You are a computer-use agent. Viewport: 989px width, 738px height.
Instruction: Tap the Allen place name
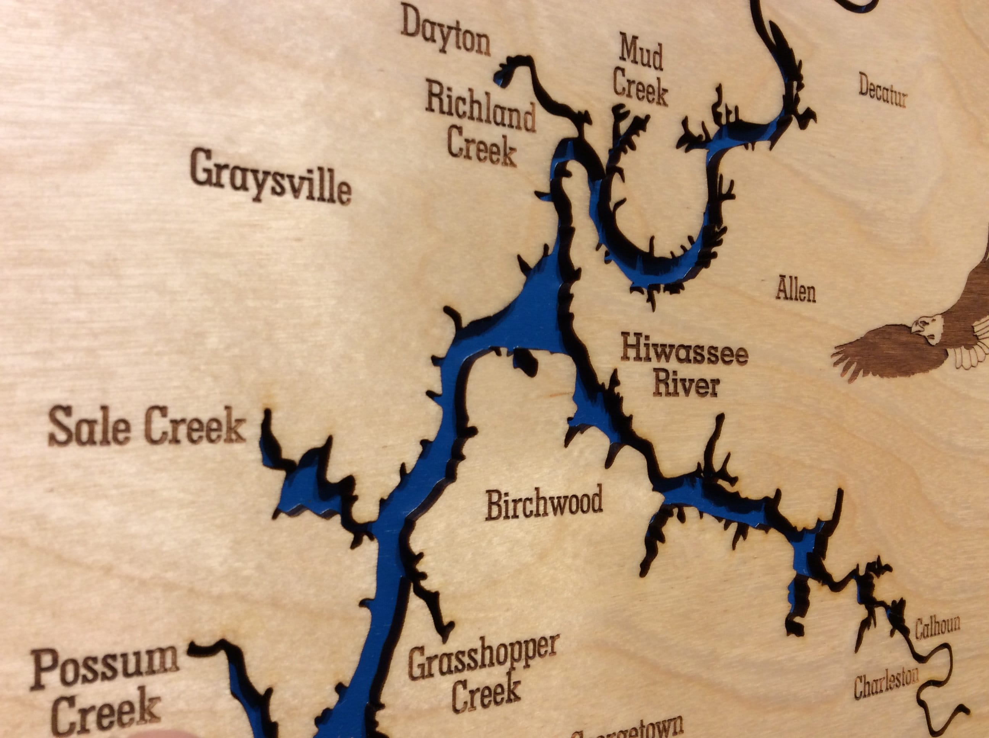[796, 291]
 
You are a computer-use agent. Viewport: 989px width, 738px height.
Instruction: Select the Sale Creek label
[147, 427]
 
